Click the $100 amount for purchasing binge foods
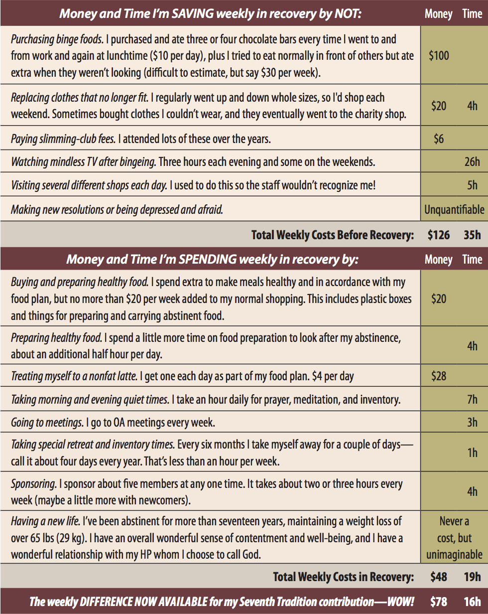tap(439, 55)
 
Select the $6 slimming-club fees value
tap(439, 139)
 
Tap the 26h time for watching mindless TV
tap(472, 162)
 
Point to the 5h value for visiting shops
tap(472, 185)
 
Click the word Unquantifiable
tap(454, 210)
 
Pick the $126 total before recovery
tap(439, 235)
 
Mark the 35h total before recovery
tap(472, 235)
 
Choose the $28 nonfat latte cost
tap(439, 376)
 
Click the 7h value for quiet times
tap(472, 399)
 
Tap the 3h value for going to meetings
tap(472, 423)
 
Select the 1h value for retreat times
tap(472, 453)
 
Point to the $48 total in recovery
tap(439, 577)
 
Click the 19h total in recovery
tap(472, 577)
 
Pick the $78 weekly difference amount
tap(439, 602)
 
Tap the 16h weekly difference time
tap(472, 602)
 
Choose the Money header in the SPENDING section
tap(439, 260)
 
